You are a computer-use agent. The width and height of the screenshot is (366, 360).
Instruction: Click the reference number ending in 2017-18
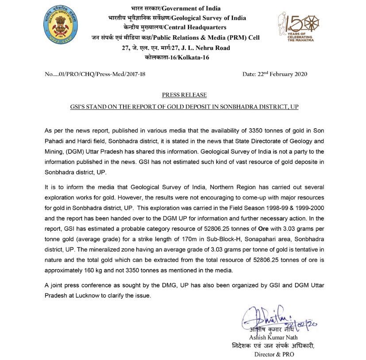[x=95, y=74]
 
